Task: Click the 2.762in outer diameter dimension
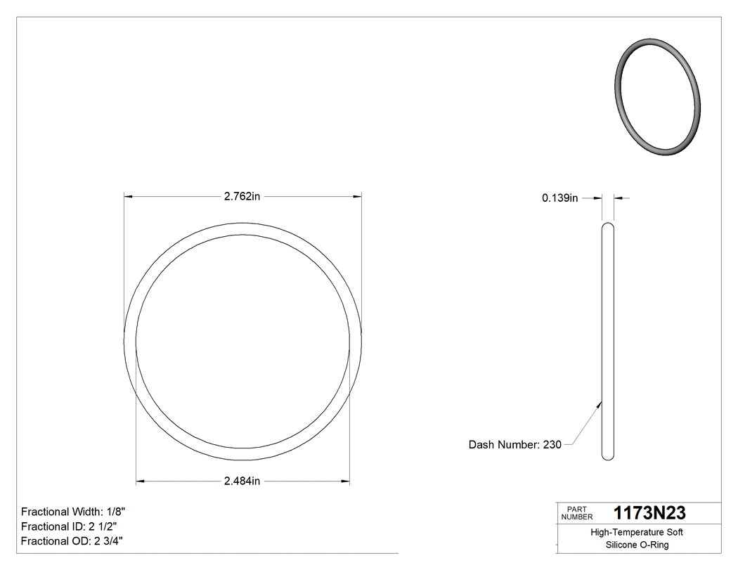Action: coord(242,197)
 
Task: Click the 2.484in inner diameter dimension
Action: coord(242,481)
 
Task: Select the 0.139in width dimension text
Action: coord(559,199)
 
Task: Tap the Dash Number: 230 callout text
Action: coord(514,445)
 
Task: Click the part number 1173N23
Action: coord(649,513)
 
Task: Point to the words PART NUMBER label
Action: coord(577,513)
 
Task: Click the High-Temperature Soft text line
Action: coord(637,533)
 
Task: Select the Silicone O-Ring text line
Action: coord(637,545)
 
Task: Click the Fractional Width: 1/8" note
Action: coord(73,512)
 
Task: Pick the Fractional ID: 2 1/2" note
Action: coord(69,526)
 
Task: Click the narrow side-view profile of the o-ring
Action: coord(608,342)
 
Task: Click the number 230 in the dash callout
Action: coord(552,445)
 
